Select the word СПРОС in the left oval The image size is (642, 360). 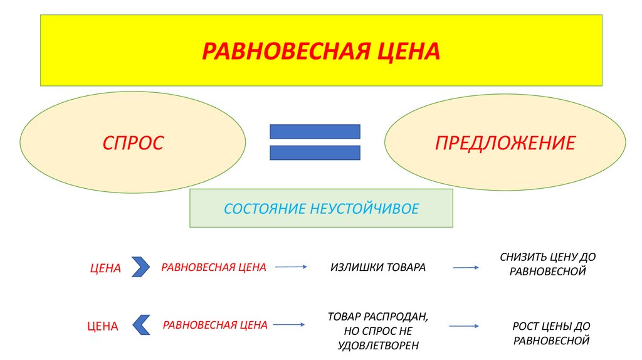pos(133,142)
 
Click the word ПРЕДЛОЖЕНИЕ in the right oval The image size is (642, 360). pos(505,142)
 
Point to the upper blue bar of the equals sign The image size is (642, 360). pos(315,131)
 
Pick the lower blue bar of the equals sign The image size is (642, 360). pos(315,152)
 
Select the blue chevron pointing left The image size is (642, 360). pos(141,324)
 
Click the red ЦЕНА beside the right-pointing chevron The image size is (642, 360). pos(105,268)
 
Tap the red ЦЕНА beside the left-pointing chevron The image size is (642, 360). pos(102,326)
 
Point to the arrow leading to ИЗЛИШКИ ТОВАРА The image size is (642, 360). pos(290,267)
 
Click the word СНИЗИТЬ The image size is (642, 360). pos(522,257)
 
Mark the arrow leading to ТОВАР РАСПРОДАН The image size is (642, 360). pos(289,325)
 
